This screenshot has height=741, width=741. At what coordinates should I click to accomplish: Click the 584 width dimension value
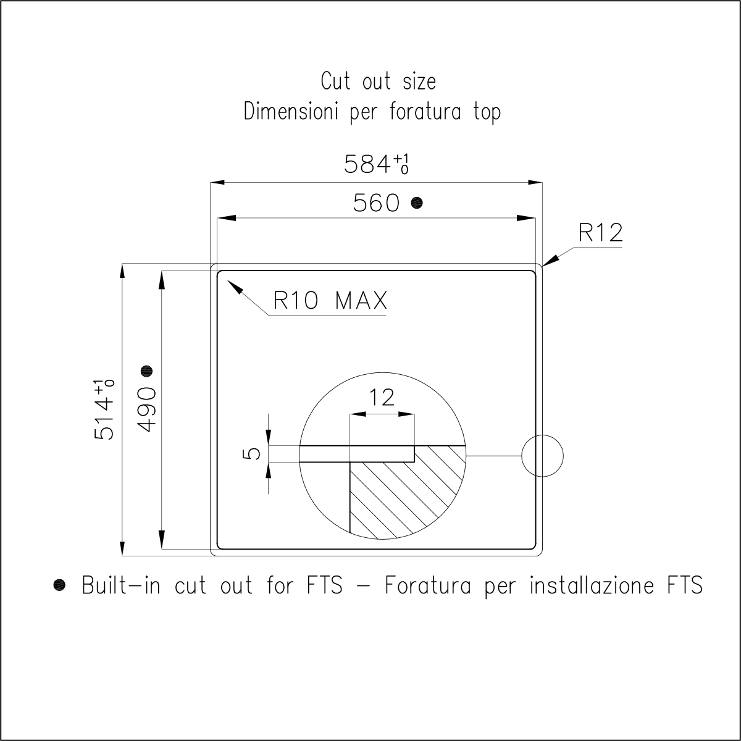tap(376, 164)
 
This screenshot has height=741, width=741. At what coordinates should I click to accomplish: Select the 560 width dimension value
tap(377, 203)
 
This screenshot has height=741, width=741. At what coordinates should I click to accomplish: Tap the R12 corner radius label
tap(600, 233)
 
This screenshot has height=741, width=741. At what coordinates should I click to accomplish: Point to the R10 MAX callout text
tap(330, 300)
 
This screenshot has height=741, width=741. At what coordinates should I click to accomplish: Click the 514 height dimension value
tap(104, 409)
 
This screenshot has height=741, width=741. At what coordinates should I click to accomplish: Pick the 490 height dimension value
tap(146, 410)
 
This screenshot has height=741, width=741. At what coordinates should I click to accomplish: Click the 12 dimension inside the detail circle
tap(382, 397)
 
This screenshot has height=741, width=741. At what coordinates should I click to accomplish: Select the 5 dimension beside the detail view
tap(251, 454)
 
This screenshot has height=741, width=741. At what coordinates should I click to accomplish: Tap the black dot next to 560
tap(417, 203)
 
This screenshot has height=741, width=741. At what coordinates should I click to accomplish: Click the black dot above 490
tap(146, 371)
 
